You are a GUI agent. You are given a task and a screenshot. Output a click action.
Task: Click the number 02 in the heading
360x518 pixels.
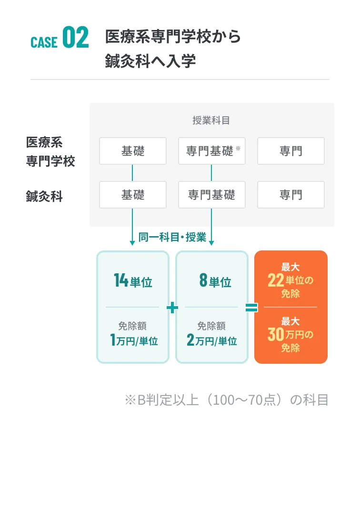tap(76, 39)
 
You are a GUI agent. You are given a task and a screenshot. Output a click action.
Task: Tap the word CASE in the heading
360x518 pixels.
tap(44, 42)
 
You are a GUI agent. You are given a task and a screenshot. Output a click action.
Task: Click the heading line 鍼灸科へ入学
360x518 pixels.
tap(150, 62)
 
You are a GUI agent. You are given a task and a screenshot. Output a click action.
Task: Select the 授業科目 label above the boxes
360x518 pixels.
tap(211, 120)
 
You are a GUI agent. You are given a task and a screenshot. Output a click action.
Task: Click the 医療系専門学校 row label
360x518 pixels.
tap(50, 151)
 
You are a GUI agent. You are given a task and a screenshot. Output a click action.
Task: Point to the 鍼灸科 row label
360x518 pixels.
tap(44, 196)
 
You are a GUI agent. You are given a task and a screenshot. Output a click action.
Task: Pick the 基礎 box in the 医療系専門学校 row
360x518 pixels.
tap(133, 151)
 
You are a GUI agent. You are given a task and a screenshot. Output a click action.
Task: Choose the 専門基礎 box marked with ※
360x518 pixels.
tap(211, 151)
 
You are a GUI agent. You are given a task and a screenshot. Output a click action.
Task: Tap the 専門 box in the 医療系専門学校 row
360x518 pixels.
tap(290, 151)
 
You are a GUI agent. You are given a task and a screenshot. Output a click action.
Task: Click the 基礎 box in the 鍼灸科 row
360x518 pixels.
tap(133, 195)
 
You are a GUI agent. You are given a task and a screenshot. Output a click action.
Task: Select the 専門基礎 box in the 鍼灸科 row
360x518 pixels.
tap(211, 195)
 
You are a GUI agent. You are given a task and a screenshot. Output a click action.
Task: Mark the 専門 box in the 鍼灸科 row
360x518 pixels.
tap(290, 195)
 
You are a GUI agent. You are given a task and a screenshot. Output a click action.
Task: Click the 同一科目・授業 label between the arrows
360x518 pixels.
tap(172, 237)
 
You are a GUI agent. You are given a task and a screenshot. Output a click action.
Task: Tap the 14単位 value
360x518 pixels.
tap(133, 281)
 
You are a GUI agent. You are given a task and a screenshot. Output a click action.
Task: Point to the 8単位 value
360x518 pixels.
tap(215, 281)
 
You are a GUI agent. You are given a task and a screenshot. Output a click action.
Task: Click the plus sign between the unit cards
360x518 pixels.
tap(172, 308)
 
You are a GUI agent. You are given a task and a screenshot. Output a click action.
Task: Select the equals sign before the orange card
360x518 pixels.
tap(251, 308)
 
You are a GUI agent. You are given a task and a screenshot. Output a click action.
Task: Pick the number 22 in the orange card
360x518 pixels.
tap(276, 280)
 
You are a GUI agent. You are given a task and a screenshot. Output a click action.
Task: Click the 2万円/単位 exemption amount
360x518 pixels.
tap(212, 340)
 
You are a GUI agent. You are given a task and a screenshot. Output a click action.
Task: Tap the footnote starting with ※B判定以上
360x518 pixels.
tap(226, 400)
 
